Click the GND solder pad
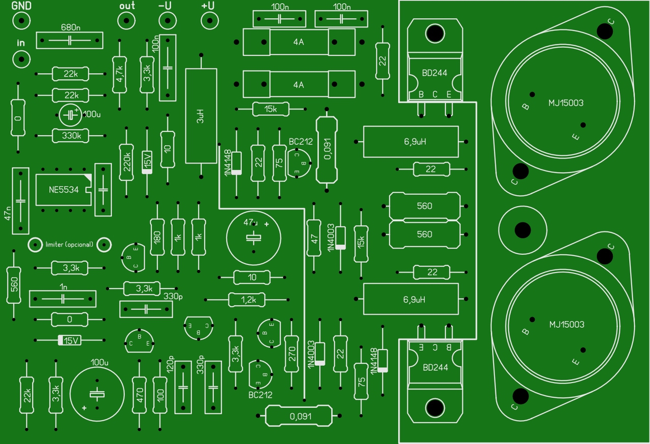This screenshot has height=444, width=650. pyautogui.click(x=21, y=21)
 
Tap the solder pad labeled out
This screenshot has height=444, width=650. pyautogui.click(x=126, y=21)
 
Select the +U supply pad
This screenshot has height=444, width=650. pyautogui.click(x=210, y=21)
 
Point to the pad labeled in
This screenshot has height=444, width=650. pyautogui.click(x=21, y=59)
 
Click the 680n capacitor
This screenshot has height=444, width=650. pyautogui.click(x=70, y=40)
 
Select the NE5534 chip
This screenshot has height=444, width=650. pyautogui.click(x=63, y=190)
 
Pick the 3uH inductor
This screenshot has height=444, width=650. pyautogui.click(x=201, y=116)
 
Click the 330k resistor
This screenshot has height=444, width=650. pyautogui.click(x=71, y=135)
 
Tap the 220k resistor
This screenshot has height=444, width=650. pyautogui.click(x=126, y=162)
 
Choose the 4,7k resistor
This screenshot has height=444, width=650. pyautogui.click(x=119, y=75)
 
